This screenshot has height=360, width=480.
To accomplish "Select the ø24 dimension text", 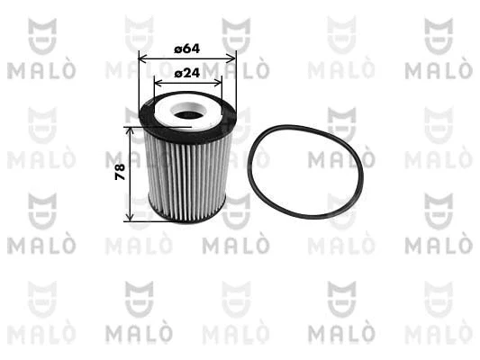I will pos(186,72).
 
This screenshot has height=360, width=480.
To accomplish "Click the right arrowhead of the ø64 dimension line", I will pos(233,58).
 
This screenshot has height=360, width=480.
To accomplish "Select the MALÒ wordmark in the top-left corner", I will pos(41,69).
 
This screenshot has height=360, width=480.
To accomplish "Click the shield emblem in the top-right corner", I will pos(438,36).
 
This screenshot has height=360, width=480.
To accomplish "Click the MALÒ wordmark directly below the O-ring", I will pos(340,245).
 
